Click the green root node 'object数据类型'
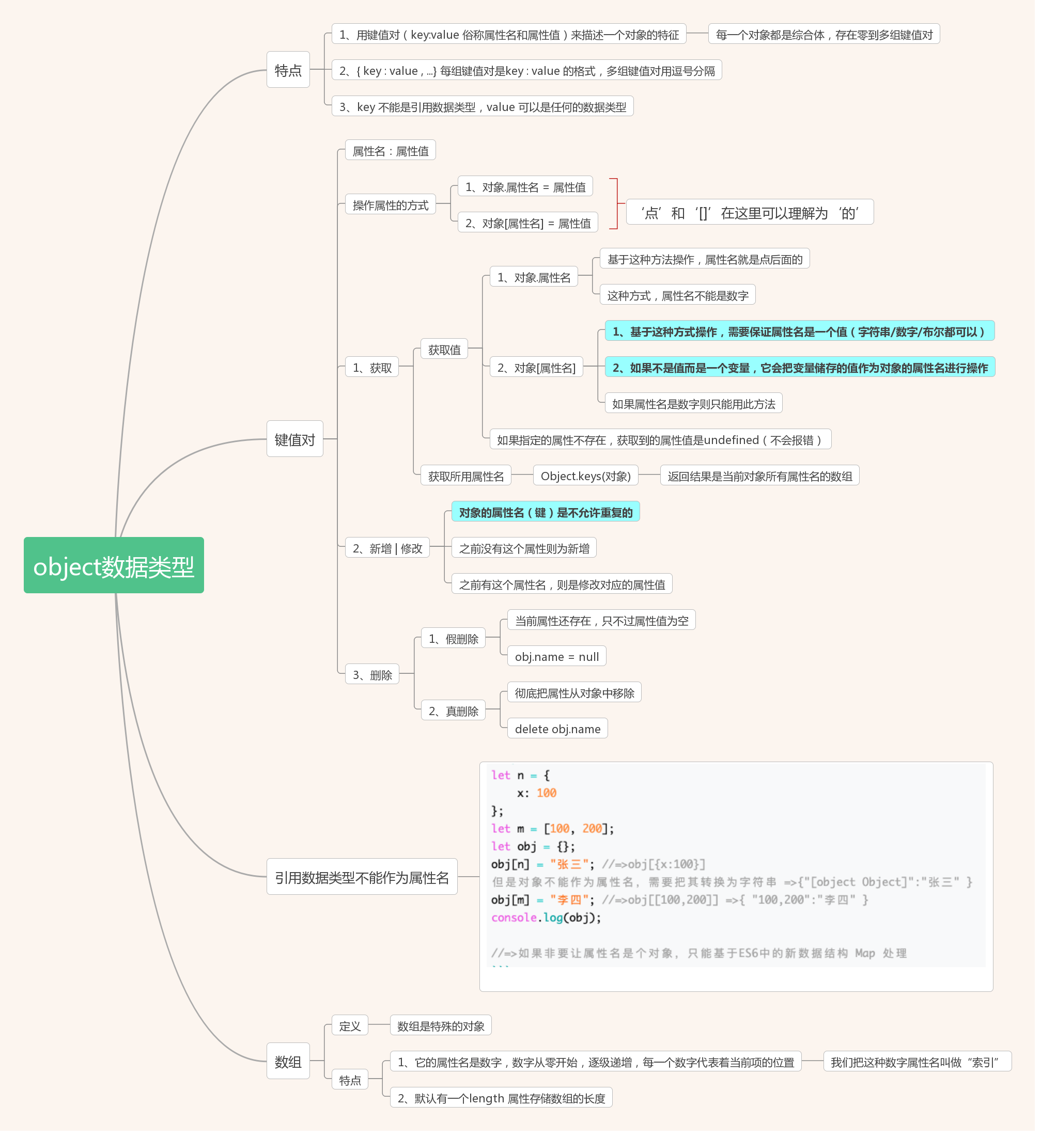[114, 568]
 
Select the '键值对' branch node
[297, 441]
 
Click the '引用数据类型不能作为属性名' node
[364, 882]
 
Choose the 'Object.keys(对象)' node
[589, 479]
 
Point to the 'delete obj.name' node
[561, 733]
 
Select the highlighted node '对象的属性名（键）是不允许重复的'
[549, 515]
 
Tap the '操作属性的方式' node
[393, 206]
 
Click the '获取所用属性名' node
[468, 479]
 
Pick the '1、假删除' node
[456, 642]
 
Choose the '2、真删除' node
[456, 715]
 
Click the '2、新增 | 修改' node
[390, 551]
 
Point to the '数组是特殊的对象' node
[443, 1032]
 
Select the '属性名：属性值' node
[393, 152]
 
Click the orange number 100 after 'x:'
[550, 798]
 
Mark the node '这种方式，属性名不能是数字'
[681, 297]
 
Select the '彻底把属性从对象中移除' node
[578, 697]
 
